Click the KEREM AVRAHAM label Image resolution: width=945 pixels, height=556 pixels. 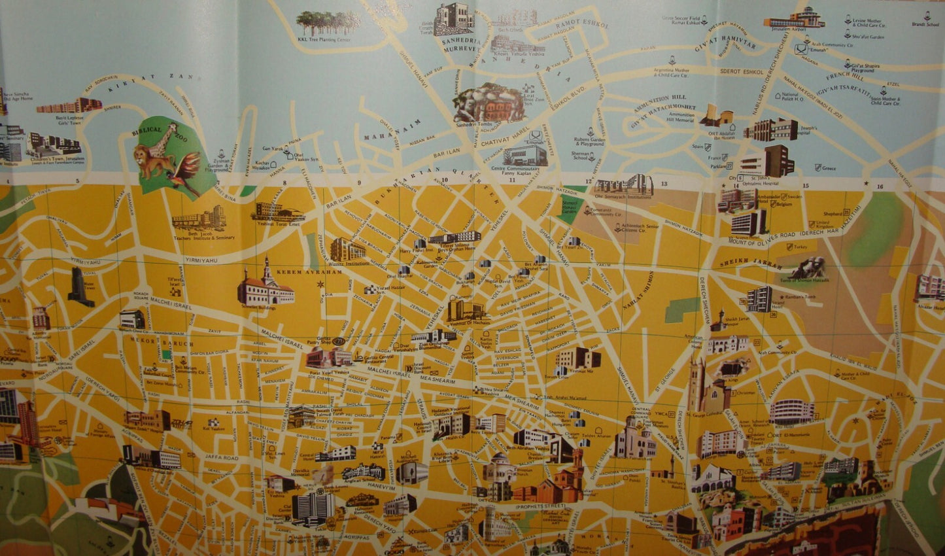[301, 271]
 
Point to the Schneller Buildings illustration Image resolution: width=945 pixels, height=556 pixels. [265, 288]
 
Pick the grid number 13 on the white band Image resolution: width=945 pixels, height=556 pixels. [664, 184]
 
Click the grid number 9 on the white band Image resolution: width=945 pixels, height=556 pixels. [359, 182]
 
